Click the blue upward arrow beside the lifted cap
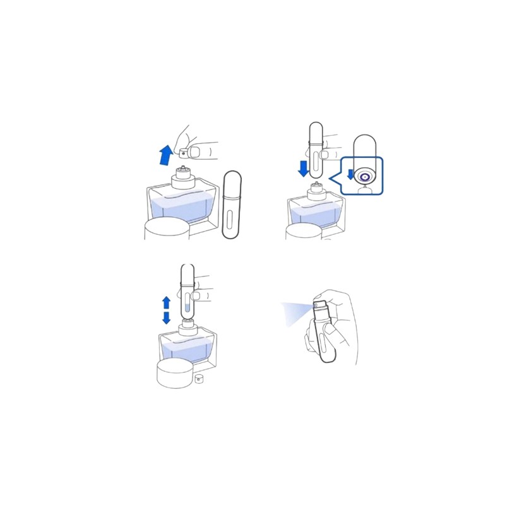click(x=166, y=154)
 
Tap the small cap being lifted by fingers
click(x=184, y=153)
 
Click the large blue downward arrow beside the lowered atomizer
click(x=304, y=168)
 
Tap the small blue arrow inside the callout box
click(x=351, y=174)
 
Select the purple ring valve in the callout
click(x=364, y=177)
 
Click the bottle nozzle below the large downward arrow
click(x=316, y=187)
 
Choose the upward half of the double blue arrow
click(x=166, y=302)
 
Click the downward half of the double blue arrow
click(x=166, y=318)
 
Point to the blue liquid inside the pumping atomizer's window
click(x=187, y=309)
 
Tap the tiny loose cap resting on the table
click(x=199, y=378)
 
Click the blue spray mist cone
click(x=295, y=312)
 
